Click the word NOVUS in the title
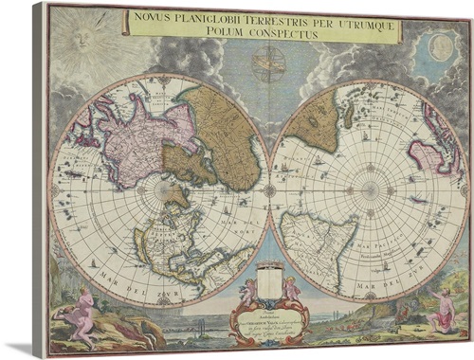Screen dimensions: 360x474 (157, 16)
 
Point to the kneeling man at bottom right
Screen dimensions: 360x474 (441, 311)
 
